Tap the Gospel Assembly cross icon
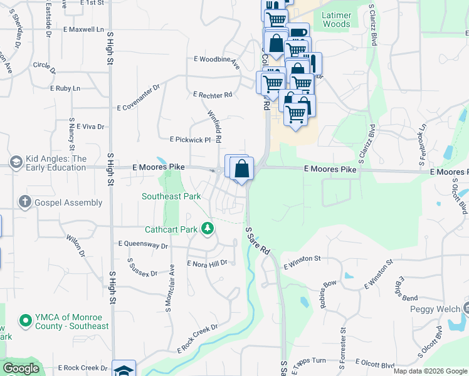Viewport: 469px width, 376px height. pos(25,202)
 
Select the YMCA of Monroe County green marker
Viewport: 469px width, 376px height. pos(26,321)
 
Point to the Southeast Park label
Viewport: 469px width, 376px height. pos(171,196)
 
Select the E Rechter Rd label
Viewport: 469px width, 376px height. pos(213,95)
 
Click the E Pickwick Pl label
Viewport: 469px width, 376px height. pos(191,140)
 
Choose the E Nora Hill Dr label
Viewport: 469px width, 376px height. pos(207,264)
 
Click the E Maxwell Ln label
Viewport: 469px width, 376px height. pos(83,29)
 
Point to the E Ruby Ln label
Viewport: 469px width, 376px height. pos(68,89)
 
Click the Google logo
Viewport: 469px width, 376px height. pos(21,368)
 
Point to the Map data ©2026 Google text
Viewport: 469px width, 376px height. pos(430,371)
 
